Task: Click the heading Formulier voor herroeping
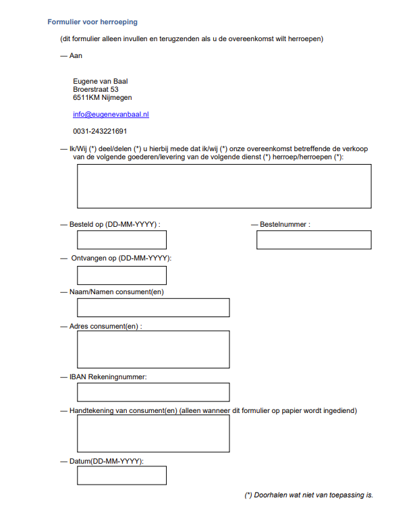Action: tap(92, 22)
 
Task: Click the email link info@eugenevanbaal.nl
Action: tap(111, 115)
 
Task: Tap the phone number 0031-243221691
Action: tap(100, 132)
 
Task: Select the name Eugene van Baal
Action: tap(101, 81)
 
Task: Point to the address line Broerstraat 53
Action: tap(96, 89)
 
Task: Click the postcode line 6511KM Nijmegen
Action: tap(103, 97)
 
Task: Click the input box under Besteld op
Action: tap(121, 240)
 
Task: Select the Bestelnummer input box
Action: tap(314, 240)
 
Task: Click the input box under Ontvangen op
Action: tap(121, 275)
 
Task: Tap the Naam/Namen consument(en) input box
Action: tap(153, 308)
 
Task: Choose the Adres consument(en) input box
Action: tap(153, 349)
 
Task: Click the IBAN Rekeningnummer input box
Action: tap(153, 392)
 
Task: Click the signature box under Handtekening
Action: tap(153, 433)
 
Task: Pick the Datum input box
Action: tap(121, 475)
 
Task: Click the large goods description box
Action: tap(224, 186)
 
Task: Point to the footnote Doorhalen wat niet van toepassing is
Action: tap(308, 495)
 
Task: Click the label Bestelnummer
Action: tap(285, 224)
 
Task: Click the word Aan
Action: tap(76, 55)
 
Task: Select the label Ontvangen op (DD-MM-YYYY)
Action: tap(121, 258)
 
